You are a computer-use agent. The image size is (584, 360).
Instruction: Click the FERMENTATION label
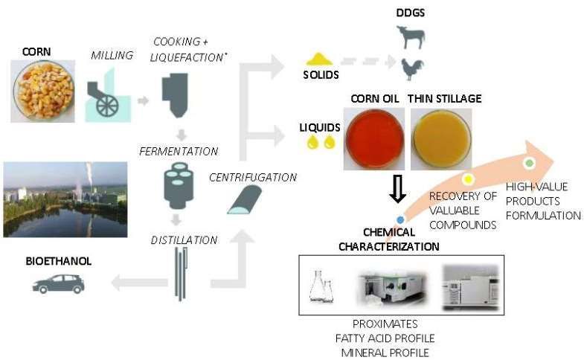click(x=179, y=151)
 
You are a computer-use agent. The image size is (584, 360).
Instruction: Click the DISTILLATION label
click(x=179, y=240)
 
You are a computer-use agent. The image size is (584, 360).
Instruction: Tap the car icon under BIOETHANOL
click(x=57, y=283)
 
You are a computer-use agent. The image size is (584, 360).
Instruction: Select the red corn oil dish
click(x=376, y=139)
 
